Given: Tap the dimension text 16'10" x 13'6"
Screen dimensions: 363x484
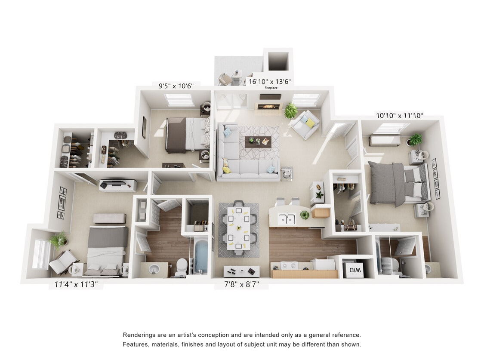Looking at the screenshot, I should (x=270, y=81).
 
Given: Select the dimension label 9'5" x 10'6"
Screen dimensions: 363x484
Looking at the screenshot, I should (x=176, y=86).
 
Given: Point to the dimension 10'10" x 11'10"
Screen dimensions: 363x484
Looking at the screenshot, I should (x=400, y=115).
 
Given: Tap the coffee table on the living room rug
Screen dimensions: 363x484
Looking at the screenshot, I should (x=258, y=142).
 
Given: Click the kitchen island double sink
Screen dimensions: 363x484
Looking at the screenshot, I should (x=286, y=219).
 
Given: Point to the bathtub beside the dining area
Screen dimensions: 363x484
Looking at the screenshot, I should (x=200, y=257).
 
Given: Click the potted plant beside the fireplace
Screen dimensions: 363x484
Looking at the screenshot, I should (x=291, y=111).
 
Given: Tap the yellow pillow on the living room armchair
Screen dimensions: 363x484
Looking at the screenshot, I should (x=310, y=123).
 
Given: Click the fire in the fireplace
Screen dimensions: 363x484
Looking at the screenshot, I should (x=270, y=107).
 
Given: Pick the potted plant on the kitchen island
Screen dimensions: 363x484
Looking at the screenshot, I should (x=305, y=215).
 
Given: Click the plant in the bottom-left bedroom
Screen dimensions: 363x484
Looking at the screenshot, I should (x=58, y=240).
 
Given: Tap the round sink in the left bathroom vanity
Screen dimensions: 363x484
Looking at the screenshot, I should (x=154, y=269).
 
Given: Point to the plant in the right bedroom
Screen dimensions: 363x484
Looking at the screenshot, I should (x=415, y=139).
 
